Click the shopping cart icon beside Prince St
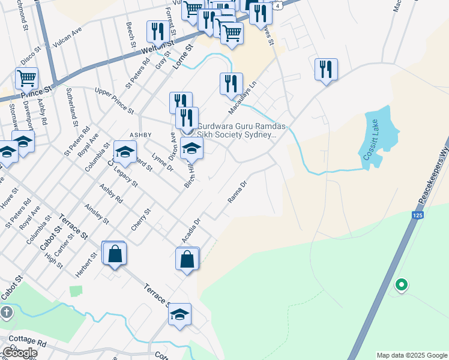tap(26, 78)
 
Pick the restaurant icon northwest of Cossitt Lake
tap(326, 69)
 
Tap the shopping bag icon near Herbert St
tap(115, 254)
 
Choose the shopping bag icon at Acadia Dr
tap(187, 259)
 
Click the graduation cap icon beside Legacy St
tap(125, 153)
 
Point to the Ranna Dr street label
tap(238, 192)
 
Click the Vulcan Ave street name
tap(67, 32)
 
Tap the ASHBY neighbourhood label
tap(140, 135)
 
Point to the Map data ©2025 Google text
tap(412, 355)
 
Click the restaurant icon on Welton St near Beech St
tap(158, 32)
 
